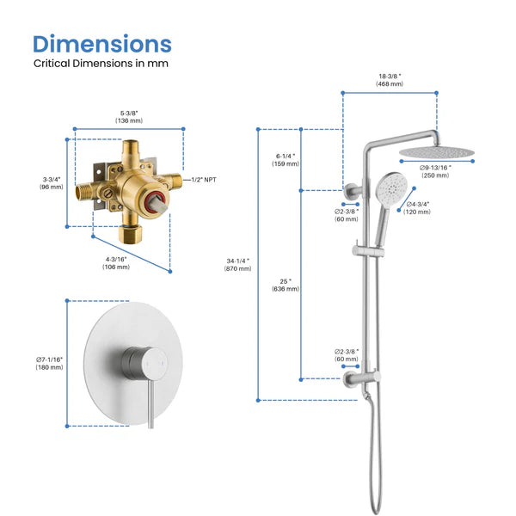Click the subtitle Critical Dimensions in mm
[101, 64]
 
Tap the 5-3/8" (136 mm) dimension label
[129, 115]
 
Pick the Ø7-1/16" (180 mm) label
[49, 363]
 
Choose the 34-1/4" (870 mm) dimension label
[238, 265]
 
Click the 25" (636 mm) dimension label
[285, 285]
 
